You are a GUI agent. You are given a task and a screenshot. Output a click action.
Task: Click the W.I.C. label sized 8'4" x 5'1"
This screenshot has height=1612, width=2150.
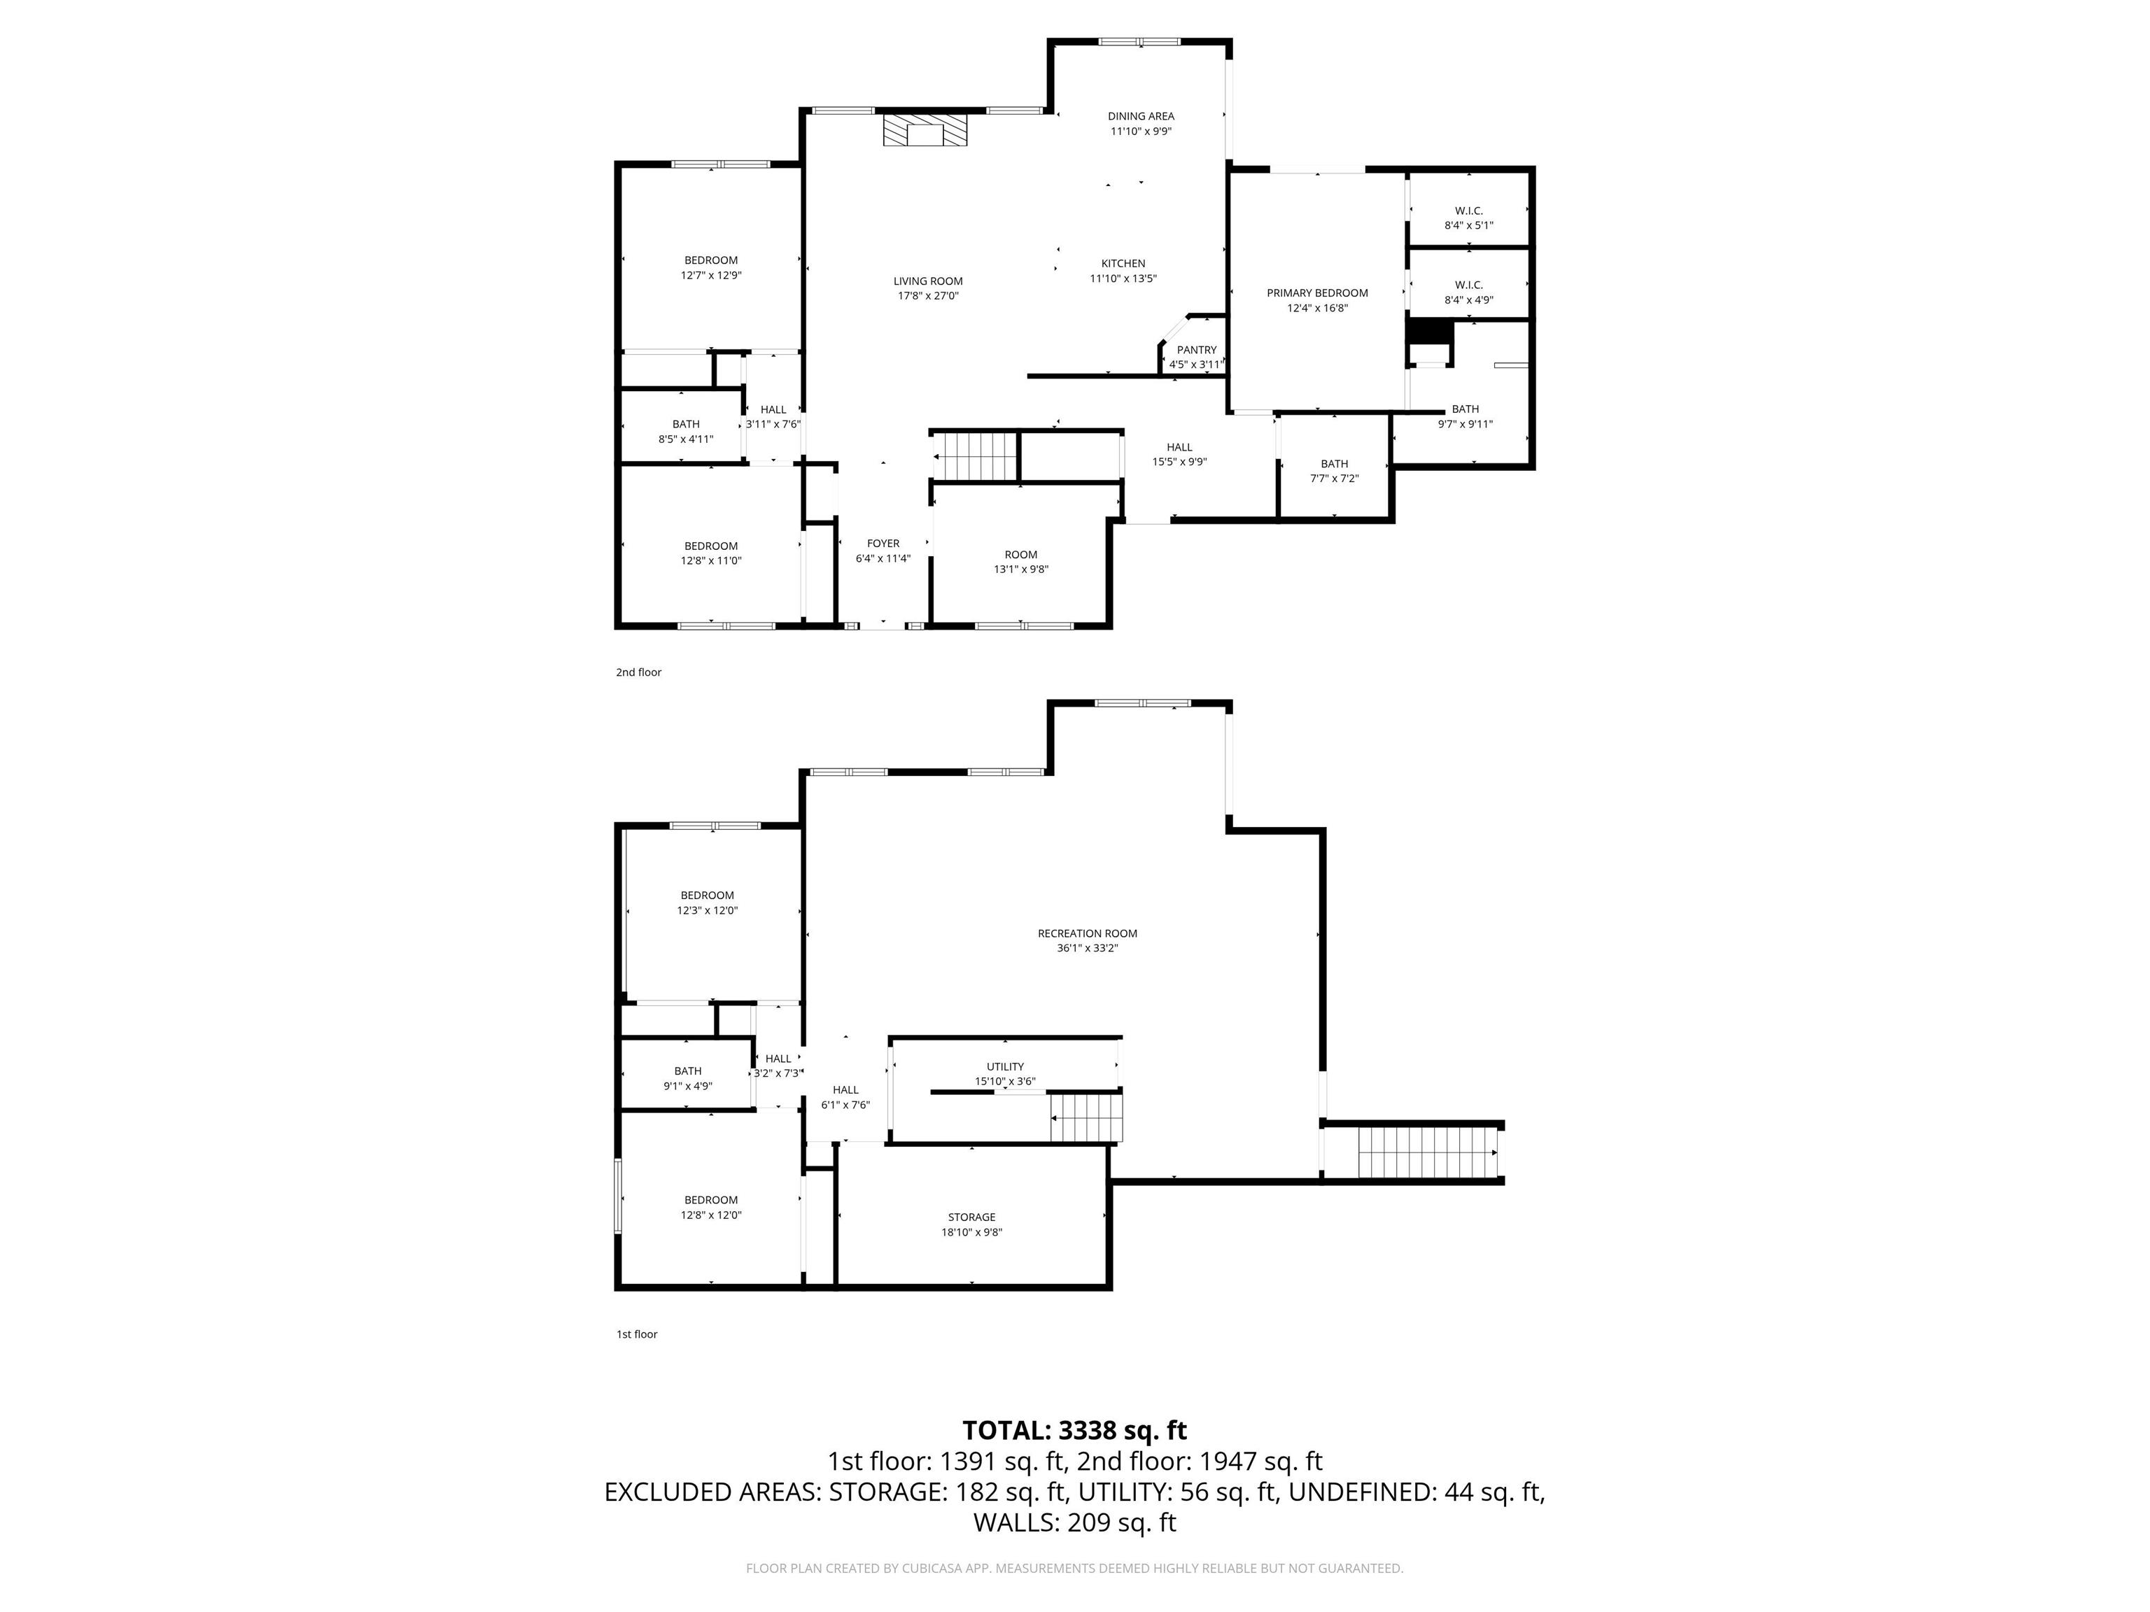[x=1468, y=211]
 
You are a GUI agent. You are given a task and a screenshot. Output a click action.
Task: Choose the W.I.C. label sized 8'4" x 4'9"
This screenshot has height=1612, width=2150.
[x=1468, y=285]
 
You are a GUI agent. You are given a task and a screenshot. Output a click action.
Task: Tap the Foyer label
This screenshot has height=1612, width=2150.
[x=883, y=543]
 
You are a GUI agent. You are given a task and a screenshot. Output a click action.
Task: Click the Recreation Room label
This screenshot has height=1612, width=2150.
[x=1087, y=933]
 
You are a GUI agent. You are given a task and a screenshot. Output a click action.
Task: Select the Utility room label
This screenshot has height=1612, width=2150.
[x=1004, y=1066]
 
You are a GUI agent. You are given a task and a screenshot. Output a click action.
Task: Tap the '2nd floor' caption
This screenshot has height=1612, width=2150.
[x=638, y=672]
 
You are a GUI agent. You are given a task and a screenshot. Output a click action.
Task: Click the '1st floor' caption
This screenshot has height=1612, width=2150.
[x=637, y=1334]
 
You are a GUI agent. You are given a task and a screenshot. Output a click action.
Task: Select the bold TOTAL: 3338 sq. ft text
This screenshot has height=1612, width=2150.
[x=1074, y=1430]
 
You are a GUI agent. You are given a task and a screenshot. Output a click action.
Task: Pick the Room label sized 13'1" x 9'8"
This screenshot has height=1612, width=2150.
[x=1020, y=555]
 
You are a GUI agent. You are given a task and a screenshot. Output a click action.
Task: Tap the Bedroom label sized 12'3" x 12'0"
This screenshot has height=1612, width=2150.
[x=707, y=895]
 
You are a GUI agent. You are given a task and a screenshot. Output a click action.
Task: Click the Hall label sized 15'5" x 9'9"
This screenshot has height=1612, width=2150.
[x=1179, y=448]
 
